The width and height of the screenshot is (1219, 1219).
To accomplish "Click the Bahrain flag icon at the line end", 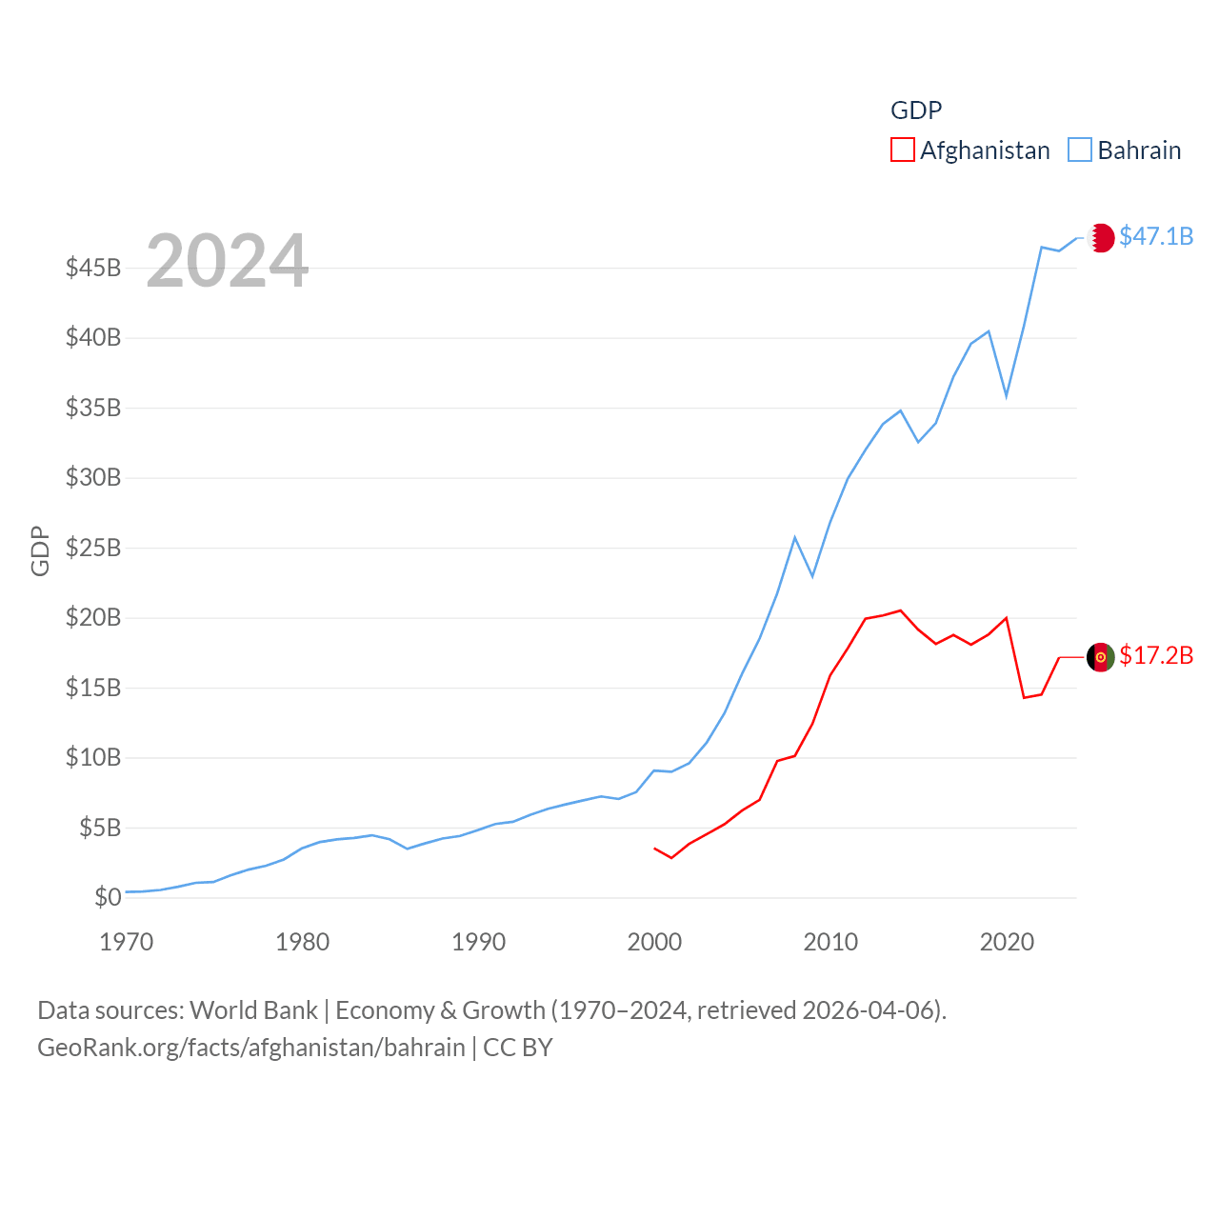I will tap(1101, 237).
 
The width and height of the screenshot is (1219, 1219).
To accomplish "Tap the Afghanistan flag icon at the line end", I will tap(1101, 656).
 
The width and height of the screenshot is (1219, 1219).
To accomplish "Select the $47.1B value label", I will tap(1156, 236).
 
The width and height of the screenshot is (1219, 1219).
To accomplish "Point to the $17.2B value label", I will tap(1156, 655).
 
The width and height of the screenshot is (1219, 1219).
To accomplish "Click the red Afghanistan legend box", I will tap(903, 150).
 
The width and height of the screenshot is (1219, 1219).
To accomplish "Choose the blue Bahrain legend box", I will tap(1080, 150).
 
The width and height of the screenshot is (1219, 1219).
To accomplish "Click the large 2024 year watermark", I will tap(227, 260).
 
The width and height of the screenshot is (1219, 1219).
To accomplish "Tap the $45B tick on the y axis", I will tap(93, 268).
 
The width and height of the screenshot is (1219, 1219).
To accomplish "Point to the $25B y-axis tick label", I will tap(93, 548).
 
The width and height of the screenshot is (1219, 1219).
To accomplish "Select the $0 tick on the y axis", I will tap(108, 897).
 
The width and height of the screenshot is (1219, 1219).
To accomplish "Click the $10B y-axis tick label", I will tap(93, 758).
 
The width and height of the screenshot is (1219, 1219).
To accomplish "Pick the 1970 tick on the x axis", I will tap(127, 943).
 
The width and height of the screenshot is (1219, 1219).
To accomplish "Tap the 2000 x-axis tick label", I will tap(654, 943).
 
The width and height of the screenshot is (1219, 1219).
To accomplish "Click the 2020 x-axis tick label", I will tap(1007, 943).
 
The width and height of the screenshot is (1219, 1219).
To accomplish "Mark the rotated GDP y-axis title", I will tap(40, 550).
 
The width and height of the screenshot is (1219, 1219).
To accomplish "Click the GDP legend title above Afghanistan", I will tap(916, 110).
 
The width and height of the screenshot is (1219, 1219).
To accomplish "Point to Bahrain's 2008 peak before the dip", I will tap(795, 538).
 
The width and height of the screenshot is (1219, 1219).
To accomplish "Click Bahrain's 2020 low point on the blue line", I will tap(1007, 395).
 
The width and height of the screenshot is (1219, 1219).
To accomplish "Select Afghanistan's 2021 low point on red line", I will tap(1024, 697).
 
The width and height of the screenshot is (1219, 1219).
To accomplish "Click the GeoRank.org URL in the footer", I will tap(251, 1048).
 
